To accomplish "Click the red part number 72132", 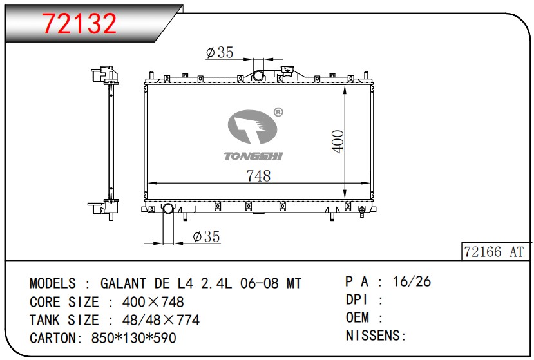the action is (79, 23).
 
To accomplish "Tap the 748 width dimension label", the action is (258, 176).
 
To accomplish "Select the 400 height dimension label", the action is (338, 141).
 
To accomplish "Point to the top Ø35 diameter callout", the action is (220, 52).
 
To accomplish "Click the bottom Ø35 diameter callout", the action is (206, 236).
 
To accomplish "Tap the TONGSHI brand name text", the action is (253, 156).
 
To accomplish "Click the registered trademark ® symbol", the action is (278, 112).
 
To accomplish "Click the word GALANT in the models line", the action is (123, 283).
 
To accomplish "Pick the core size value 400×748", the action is (153, 302).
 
